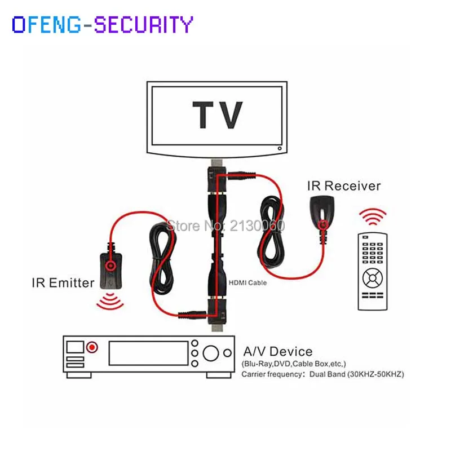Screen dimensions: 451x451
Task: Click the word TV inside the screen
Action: (x=218, y=116)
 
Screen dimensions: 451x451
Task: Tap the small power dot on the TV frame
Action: (x=278, y=148)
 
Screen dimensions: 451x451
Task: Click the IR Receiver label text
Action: (x=344, y=185)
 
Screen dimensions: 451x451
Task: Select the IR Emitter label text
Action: (x=63, y=282)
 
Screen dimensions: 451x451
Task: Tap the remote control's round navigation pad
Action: (x=372, y=277)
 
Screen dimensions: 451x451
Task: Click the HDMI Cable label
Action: (x=247, y=282)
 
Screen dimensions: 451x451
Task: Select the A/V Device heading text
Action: (x=276, y=352)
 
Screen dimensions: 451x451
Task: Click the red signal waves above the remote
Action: (x=374, y=216)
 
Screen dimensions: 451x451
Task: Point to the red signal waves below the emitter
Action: (x=110, y=303)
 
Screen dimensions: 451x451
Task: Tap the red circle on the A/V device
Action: (x=92, y=347)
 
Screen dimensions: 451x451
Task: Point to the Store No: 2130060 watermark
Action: (x=225, y=225)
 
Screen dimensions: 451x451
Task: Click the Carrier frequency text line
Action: (x=322, y=374)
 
